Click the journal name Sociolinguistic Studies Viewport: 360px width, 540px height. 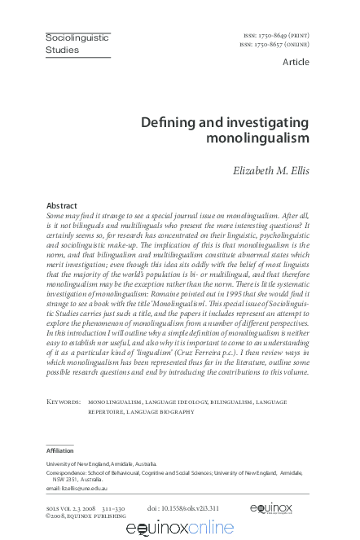click(x=77, y=44)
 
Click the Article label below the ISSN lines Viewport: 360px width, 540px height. click(x=295, y=62)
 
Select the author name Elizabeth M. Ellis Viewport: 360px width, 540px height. click(x=267, y=171)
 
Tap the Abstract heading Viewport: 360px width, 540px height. click(x=62, y=206)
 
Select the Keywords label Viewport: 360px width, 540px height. click(x=64, y=402)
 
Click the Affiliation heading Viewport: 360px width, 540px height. click(x=61, y=450)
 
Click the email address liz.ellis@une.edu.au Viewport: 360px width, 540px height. click(x=78, y=489)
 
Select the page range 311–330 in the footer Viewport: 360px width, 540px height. click(x=112, y=508)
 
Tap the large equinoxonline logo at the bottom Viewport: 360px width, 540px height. click(x=179, y=529)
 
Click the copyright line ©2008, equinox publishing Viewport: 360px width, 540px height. click(x=86, y=516)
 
